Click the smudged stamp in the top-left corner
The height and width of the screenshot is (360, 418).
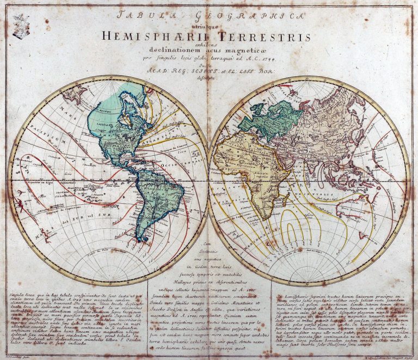click(21, 25)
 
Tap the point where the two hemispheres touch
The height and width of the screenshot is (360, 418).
click(209, 180)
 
